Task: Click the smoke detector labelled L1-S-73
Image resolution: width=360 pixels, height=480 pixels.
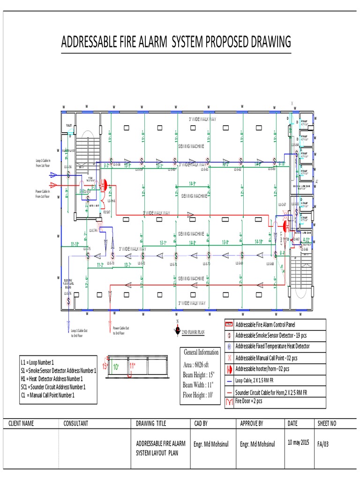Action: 112,256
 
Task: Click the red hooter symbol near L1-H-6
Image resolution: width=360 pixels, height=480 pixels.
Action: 105,185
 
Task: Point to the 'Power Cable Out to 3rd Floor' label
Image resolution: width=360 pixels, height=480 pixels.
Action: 120,330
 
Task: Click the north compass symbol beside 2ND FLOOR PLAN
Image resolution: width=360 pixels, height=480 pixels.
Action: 177,329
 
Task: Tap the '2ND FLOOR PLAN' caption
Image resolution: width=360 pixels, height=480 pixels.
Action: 193,331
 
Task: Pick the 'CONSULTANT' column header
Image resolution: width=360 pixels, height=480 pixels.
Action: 75,423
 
